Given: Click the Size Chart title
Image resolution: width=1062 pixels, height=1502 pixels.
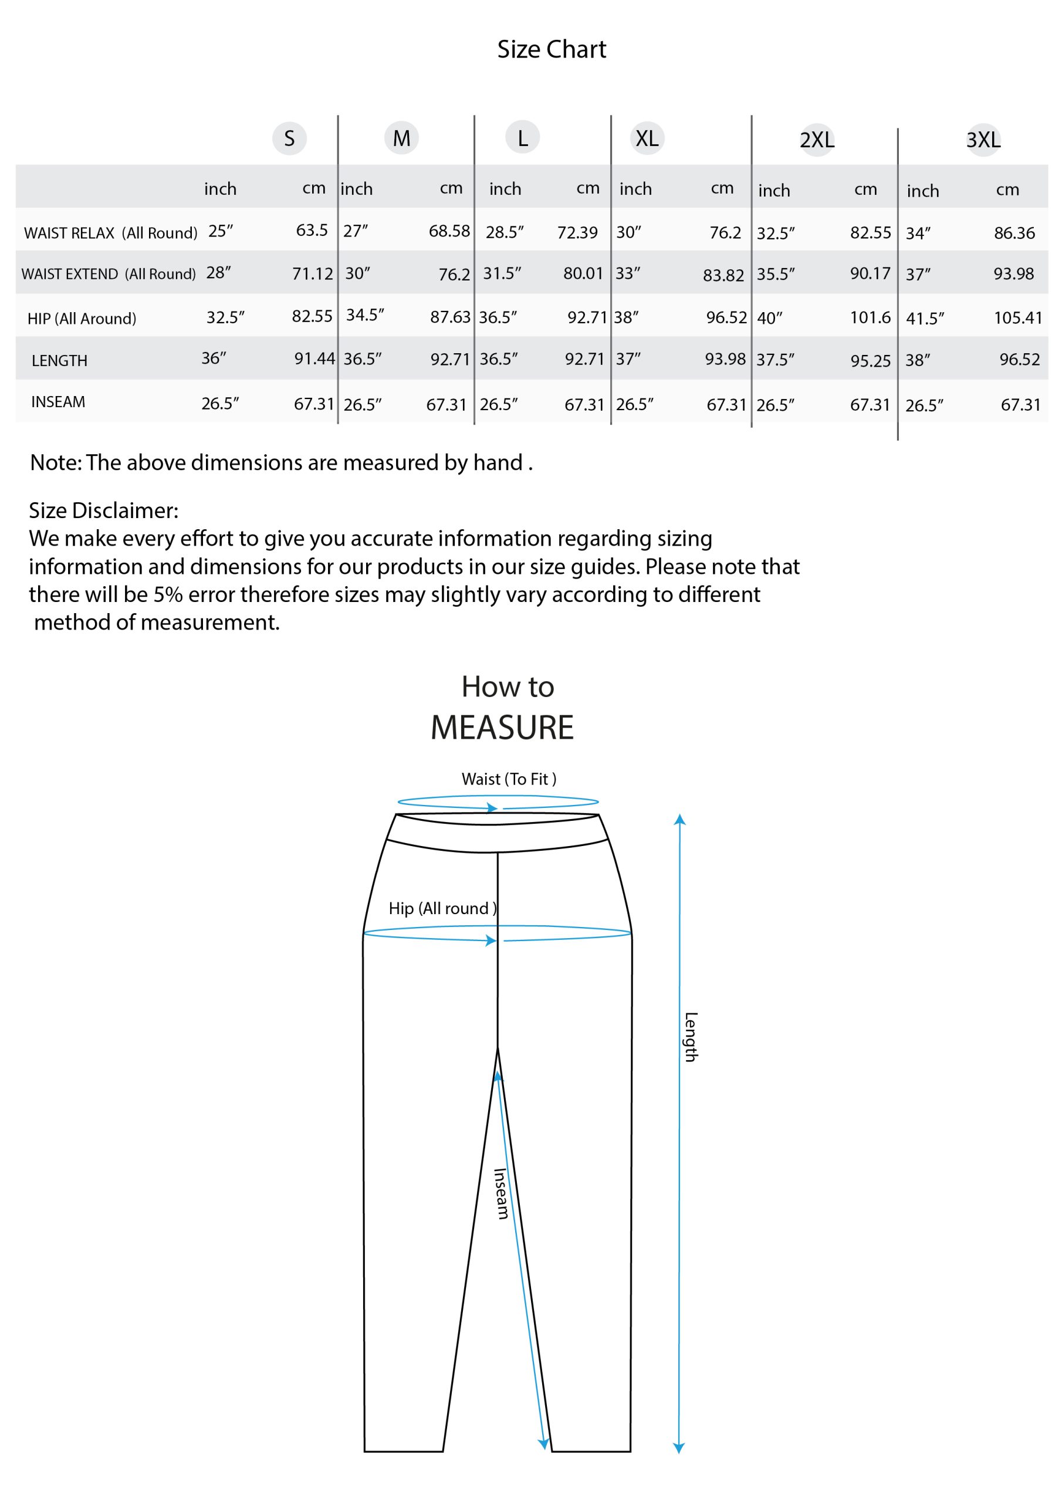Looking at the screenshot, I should point(551,49).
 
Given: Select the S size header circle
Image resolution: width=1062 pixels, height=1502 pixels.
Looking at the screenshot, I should point(289,138).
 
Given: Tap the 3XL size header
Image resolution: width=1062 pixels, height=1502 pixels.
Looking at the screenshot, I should point(983,139).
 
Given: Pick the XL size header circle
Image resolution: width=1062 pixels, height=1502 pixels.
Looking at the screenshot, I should point(647,138).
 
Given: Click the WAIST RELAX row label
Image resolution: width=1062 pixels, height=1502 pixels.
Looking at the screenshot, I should point(110,233).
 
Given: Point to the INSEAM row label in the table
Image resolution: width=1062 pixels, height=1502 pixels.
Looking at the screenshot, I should point(58,402).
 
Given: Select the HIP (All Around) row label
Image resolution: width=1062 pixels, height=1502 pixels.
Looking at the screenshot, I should point(82,319).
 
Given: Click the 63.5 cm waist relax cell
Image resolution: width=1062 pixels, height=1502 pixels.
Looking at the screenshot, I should point(312,230).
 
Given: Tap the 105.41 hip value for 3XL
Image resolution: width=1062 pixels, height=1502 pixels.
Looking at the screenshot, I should point(1017,318).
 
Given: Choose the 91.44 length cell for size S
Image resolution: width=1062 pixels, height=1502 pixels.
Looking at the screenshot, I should point(314,358).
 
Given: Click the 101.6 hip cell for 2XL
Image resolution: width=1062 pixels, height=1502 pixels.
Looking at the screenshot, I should point(870,318).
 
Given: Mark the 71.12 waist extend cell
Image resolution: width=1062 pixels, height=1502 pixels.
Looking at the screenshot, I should point(312,274).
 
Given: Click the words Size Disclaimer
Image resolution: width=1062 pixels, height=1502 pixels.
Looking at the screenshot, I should point(103,510).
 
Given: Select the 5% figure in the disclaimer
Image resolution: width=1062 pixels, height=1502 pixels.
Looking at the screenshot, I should point(168,594).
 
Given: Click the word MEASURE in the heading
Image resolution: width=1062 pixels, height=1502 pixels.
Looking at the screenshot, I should point(502,728).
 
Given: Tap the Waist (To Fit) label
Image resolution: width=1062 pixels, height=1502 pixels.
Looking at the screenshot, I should point(509,779).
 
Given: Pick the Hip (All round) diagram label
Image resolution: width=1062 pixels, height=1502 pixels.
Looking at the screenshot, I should point(442,908).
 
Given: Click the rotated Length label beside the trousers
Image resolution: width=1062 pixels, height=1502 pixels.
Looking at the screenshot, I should point(691,1037).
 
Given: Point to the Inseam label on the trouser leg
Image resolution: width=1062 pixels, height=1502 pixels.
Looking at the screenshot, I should point(500,1194).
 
